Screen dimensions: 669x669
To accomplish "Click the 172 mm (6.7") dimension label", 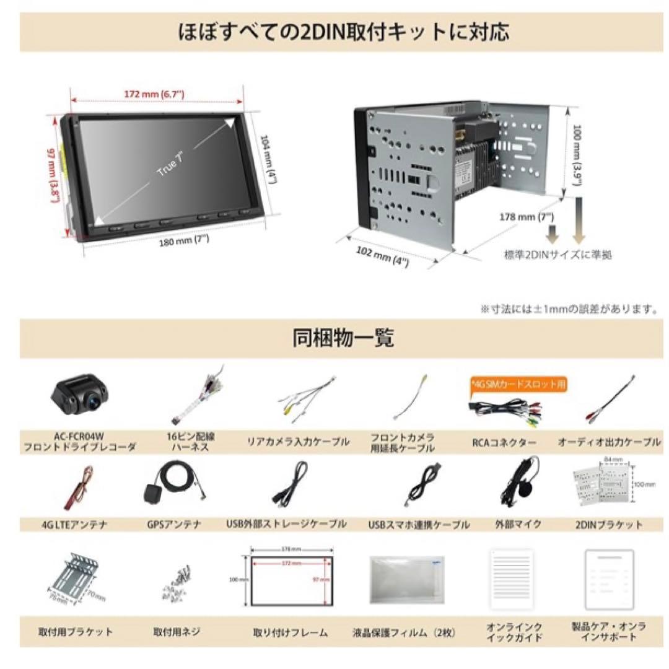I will [154, 94].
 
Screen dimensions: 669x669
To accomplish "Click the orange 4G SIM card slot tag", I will [518, 384].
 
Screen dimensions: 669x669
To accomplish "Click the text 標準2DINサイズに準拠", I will [557, 254].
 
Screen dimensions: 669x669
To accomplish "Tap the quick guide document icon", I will [510, 580].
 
